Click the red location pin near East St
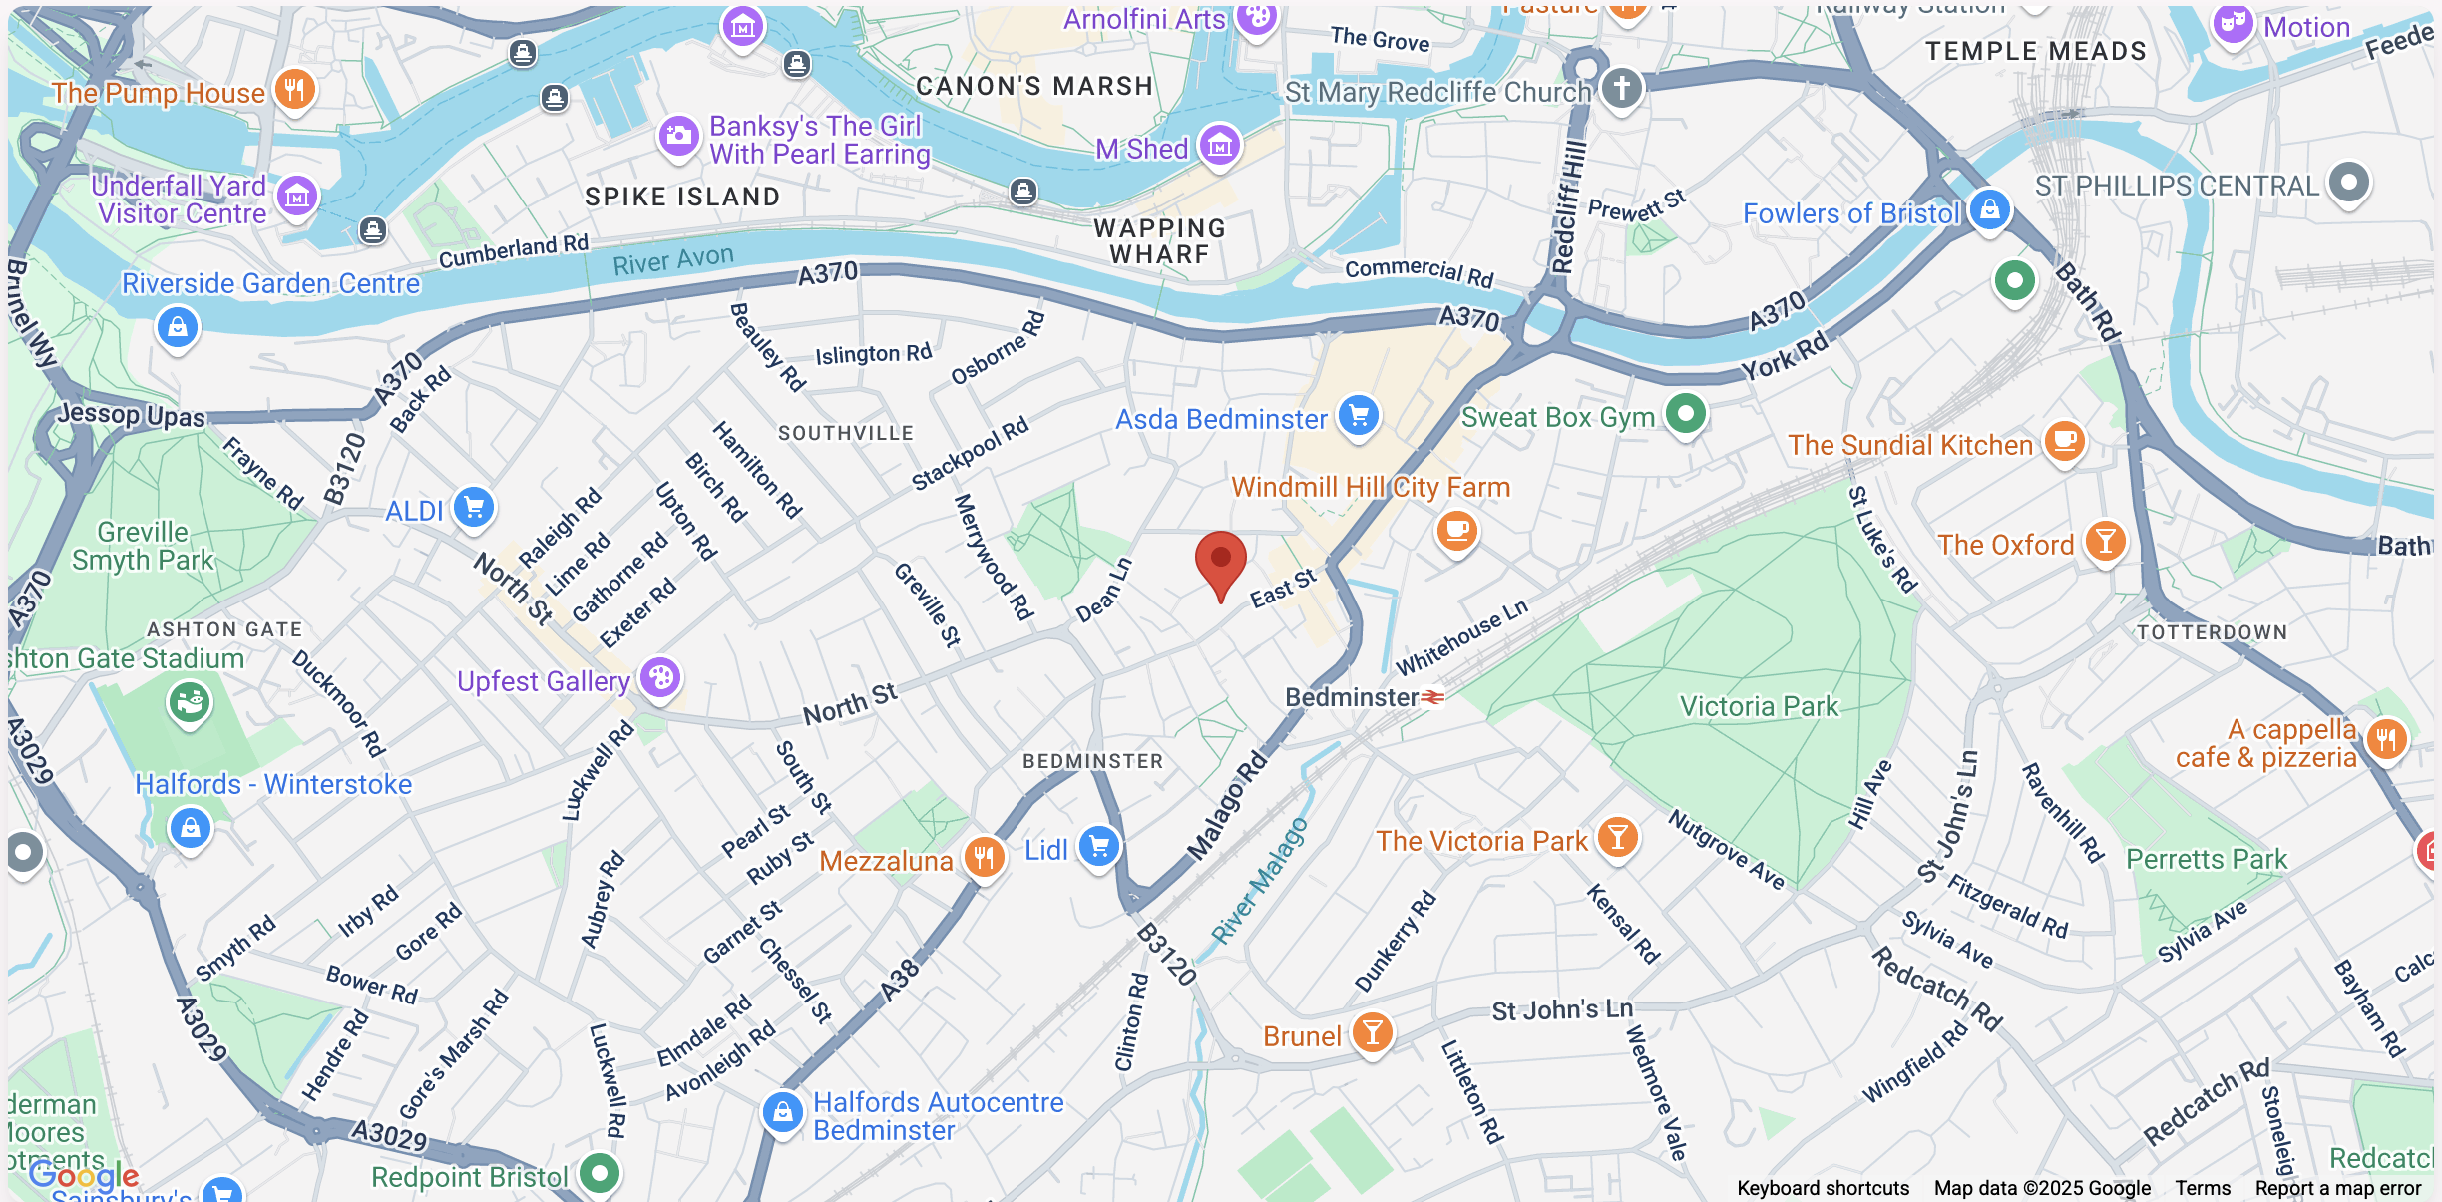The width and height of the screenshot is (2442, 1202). pyautogui.click(x=1220, y=561)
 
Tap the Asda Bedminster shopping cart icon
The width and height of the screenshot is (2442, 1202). pyautogui.click(x=1358, y=415)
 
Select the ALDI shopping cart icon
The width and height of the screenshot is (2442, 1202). pyautogui.click(x=474, y=508)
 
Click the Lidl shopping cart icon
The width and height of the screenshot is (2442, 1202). pyautogui.click(x=1099, y=847)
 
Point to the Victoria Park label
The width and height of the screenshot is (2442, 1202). pyautogui.click(x=1758, y=706)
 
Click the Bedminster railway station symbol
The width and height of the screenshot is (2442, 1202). pyautogui.click(x=1432, y=697)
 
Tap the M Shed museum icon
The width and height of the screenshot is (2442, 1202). pyautogui.click(x=1219, y=147)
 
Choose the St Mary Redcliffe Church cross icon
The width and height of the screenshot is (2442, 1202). pyautogui.click(x=1621, y=88)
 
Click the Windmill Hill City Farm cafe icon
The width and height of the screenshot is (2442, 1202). pyautogui.click(x=1456, y=529)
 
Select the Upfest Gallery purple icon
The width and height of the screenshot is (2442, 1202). pyautogui.click(x=659, y=678)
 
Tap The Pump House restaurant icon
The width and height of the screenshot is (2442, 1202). pyautogui.click(x=294, y=90)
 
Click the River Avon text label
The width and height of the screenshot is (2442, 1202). pyautogui.click(x=672, y=260)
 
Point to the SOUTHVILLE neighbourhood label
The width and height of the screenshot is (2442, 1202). pyautogui.click(x=845, y=433)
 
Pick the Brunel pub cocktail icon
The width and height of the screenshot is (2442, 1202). pyautogui.click(x=1372, y=1033)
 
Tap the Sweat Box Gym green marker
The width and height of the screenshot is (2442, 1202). pyautogui.click(x=1686, y=413)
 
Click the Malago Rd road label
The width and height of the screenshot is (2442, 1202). pyautogui.click(x=1227, y=806)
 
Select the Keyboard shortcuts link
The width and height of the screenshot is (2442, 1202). pyautogui.click(x=1823, y=1188)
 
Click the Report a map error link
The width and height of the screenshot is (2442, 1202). pyautogui.click(x=2337, y=1188)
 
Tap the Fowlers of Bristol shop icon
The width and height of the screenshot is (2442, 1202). pyautogui.click(x=1989, y=210)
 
